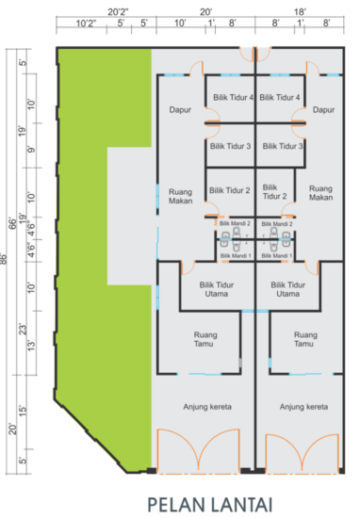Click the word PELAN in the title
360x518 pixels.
pyautogui.click(x=174, y=502)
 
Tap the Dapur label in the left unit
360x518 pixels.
pyautogui.click(x=181, y=109)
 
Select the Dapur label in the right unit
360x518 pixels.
pyautogui.click(x=323, y=109)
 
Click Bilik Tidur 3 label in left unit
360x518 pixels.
pyautogui.click(x=229, y=147)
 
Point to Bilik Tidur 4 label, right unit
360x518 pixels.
pyautogui.click(x=280, y=97)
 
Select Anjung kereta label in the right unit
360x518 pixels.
pyautogui.click(x=303, y=407)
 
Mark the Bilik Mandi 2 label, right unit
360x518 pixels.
pyautogui.click(x=279, y=224)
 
